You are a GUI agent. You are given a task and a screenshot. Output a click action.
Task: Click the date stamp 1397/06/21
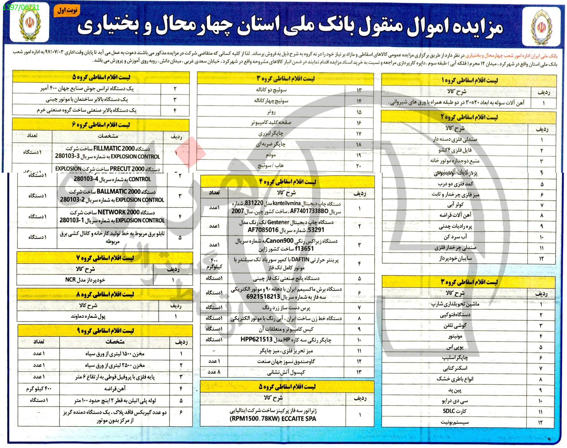click(x=21, y=7)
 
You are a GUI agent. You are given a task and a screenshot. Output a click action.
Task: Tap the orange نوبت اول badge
click(x=67, y=11)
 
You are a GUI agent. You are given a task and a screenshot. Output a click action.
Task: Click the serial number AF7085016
click(x=263, y=230)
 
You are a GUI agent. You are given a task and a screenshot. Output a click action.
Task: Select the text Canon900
click(x=278, y=241)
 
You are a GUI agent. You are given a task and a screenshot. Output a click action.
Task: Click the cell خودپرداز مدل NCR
click(x=85, y=280)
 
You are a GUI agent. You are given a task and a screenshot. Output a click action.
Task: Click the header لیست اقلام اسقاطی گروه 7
click(x=105, y=258)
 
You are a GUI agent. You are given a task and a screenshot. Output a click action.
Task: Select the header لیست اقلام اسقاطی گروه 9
click(x=105, y=331)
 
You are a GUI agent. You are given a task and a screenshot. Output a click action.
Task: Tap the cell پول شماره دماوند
click(x=88, y=316)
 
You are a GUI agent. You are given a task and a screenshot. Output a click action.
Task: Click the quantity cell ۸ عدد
click(x=214, y=372)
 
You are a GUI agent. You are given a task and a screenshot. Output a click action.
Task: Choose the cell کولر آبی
click(x=456, y=205)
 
